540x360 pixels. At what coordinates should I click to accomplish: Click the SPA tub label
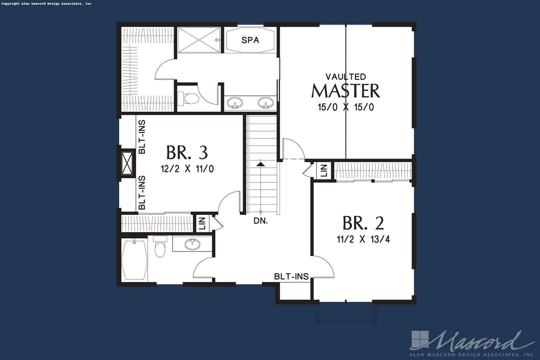click(x=250, y=40)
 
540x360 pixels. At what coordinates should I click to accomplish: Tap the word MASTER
click(x=346, y=91)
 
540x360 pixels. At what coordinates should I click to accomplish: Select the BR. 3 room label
click(x=187, y=153)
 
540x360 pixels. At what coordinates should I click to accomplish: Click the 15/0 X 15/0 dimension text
click(x=346, y=107)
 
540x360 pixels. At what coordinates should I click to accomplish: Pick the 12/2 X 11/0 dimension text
click(x=187, y=169)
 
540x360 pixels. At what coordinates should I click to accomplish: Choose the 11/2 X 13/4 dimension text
click(x=363, y=239)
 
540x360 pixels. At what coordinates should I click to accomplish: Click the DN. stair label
click(x=261, y=221)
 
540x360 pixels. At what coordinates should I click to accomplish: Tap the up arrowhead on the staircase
click(x=261, y=164)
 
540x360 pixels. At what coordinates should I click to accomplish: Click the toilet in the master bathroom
click(x=188, y=99)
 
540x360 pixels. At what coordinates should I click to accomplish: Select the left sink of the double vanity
click(x=235, y=103)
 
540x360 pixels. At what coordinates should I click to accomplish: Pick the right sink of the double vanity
click(x=266, y=103)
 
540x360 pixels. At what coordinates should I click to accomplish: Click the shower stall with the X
click(x=199, y=40)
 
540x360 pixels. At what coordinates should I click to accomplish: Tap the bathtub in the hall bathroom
click(x=135, y=260)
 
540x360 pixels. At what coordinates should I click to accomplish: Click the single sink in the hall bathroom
click(x=192, y=244)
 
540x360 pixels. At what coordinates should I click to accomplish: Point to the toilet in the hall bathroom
click(x=160, y=246)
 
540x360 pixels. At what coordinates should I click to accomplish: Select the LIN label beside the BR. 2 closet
click(x=324, y=170)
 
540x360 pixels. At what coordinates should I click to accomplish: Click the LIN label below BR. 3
click(x=202, y=223)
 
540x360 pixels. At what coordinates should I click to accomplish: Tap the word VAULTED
click(x=346, y=77)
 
